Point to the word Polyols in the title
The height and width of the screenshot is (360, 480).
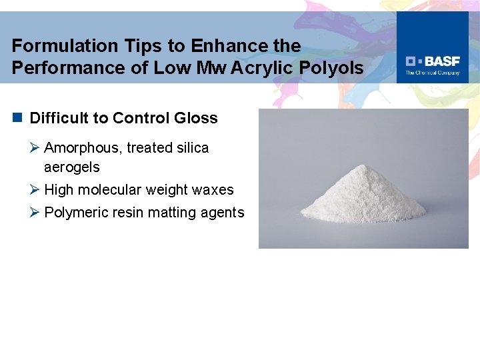tap(339, 68)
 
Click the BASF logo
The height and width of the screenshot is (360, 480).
tap(433, 60)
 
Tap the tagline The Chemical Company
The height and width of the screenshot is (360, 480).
tap(433, 73)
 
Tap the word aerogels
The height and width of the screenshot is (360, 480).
tap(71, 167)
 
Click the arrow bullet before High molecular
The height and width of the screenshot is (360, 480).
tap(35, 190)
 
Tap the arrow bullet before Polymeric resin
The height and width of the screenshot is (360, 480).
tap(35, 213)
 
